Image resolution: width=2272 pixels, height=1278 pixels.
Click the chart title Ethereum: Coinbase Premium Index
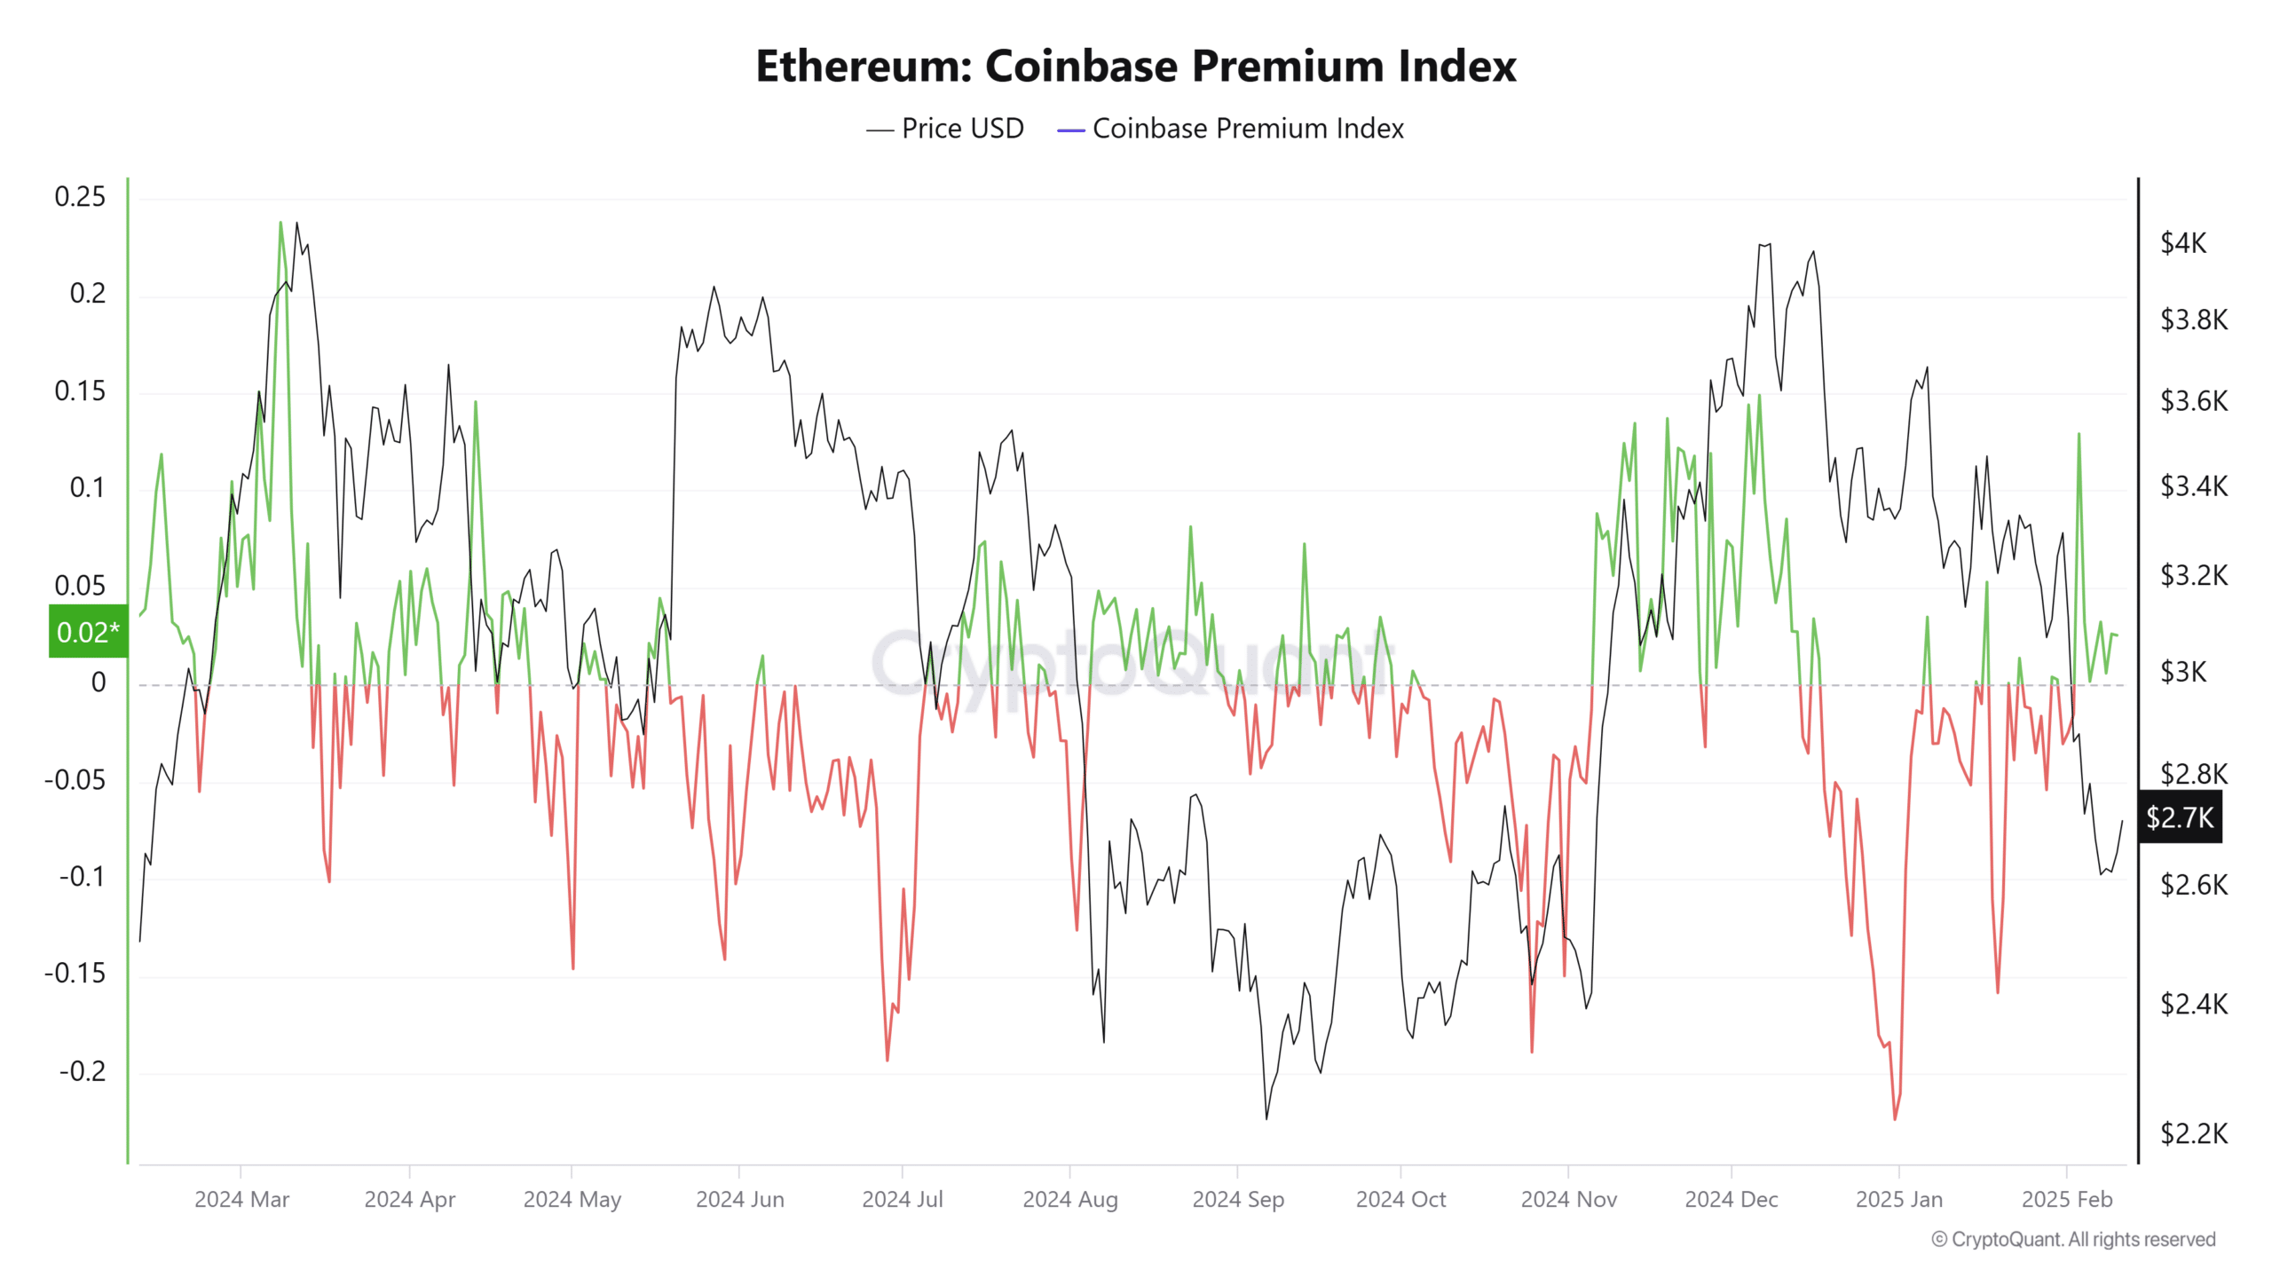point(1136,67)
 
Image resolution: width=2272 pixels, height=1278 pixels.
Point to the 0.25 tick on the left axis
point(80,197)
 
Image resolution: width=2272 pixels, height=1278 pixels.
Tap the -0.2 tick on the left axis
point(82,1071)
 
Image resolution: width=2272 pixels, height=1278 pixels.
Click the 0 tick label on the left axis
point(99,682)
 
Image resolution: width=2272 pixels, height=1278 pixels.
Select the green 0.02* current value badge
point(88,632)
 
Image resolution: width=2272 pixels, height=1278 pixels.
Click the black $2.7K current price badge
point(2180,817)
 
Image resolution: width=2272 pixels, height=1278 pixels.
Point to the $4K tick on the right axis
point(2182,243)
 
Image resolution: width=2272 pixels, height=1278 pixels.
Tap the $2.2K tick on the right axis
point(2193,1133)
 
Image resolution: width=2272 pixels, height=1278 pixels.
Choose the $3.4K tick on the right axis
point(2193,486)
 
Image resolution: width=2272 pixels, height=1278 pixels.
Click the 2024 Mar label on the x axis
point(241,1199)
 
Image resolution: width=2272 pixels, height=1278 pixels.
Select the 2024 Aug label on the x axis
point(1069,1199)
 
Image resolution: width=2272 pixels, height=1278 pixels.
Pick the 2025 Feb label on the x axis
point(2066,1199)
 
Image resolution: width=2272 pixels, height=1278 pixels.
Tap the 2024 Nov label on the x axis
point(1568,1199)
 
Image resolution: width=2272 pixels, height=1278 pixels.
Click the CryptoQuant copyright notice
point(2073,1239)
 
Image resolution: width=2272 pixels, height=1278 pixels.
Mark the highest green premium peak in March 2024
point(280,223)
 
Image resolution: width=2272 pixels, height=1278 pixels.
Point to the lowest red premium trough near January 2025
point(1894,1119)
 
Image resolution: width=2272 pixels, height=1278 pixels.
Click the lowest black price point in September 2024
point(1266,1118)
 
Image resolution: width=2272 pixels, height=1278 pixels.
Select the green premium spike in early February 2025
point(2079,434)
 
